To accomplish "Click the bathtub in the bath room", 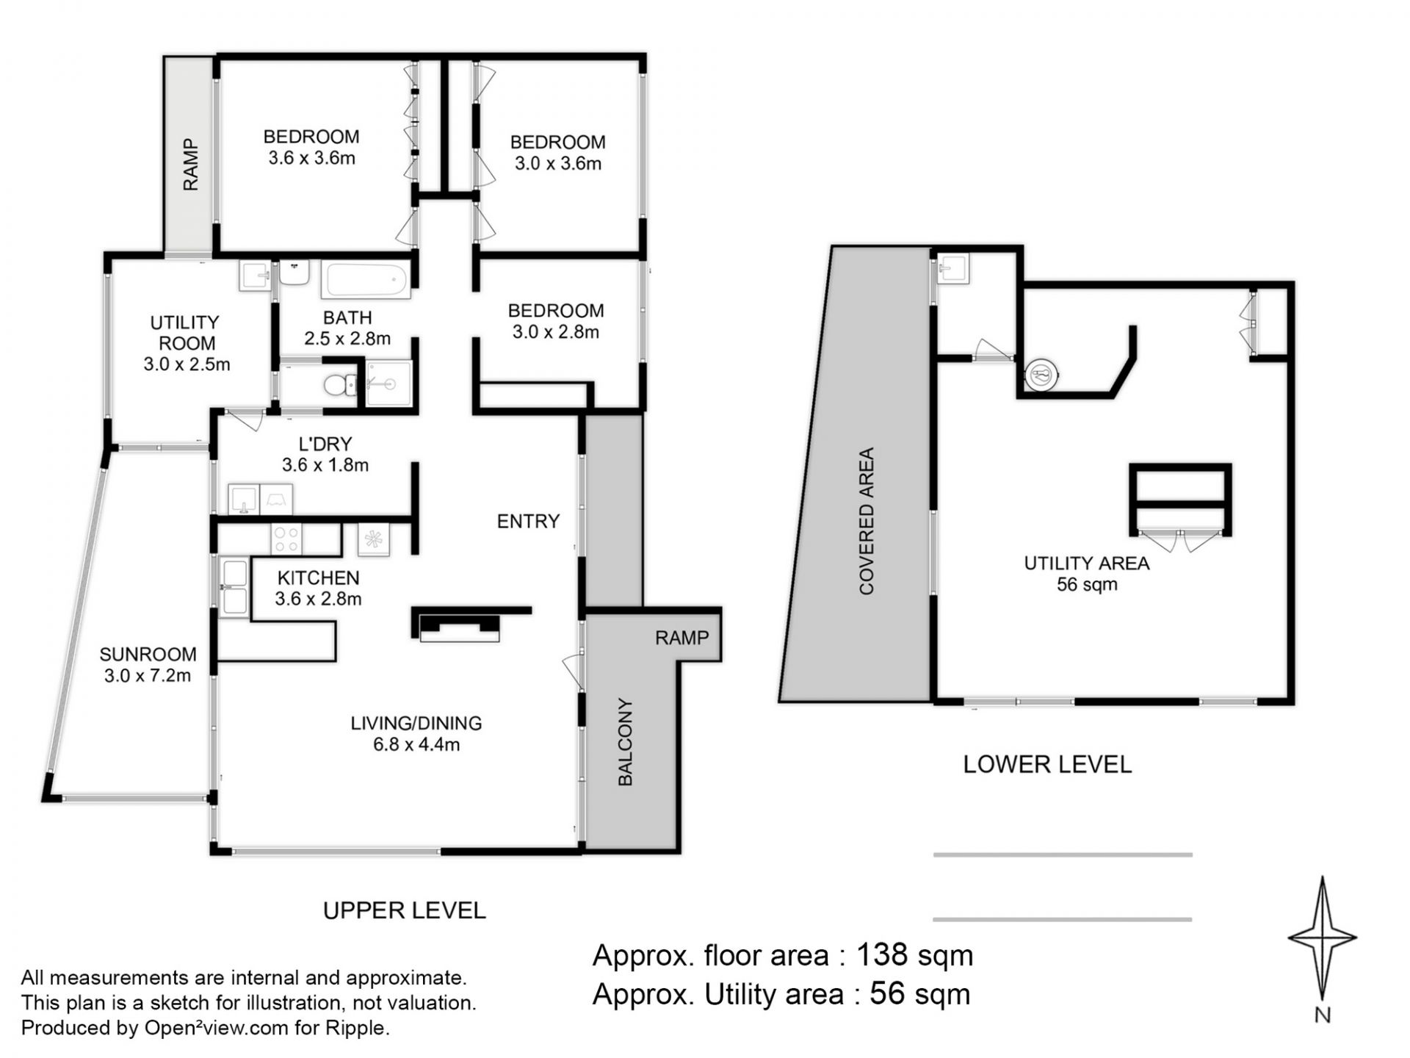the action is tap(365, 280).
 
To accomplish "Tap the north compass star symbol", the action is tap(1322, 939).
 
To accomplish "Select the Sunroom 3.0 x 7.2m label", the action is tap(148, 665).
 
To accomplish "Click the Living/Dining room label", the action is tap(416, 733).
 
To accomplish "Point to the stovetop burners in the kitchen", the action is tap(286, 539).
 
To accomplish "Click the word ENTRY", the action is tap(528, 521).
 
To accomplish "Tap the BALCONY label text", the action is tap(625, 741).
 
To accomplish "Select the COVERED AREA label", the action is tap(867, 520).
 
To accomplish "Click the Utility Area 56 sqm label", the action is tap(1087, 574).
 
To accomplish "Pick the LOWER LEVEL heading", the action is tap(1047, 764).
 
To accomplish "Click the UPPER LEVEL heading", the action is tap(405, 910).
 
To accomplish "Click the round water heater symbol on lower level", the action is tap(1042, 375).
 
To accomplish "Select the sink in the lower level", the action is tap(953, 268).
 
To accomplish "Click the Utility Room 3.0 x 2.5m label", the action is tap(187, 343).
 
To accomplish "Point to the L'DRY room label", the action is tap(325, 454).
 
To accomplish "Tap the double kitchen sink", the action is tap(234, 587).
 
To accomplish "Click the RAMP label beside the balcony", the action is tap(682, 638).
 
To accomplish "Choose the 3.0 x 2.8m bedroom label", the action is tap(556, 321).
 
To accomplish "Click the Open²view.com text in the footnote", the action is tap(216, 1028).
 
